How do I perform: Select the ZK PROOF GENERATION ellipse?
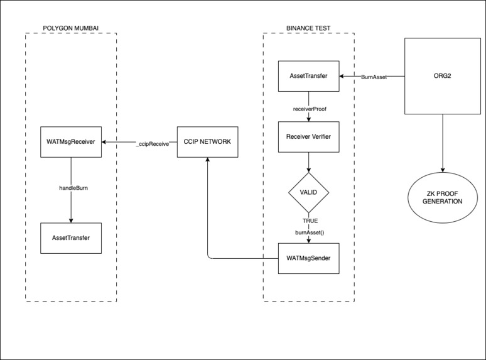point(443,197)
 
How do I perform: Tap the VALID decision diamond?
point(308,194)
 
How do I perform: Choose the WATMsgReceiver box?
point(70,142)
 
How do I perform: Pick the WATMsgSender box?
point(308,258)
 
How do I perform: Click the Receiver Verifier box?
point(308,137)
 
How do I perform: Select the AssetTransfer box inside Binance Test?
point(308,77)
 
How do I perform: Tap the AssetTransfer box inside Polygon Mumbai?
point(70,237)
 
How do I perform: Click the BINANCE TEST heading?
point(308,28)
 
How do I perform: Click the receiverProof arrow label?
point(308,108)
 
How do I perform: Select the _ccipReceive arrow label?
point(152,143)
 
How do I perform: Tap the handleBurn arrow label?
point(70,188)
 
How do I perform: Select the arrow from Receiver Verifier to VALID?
point(308,161)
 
